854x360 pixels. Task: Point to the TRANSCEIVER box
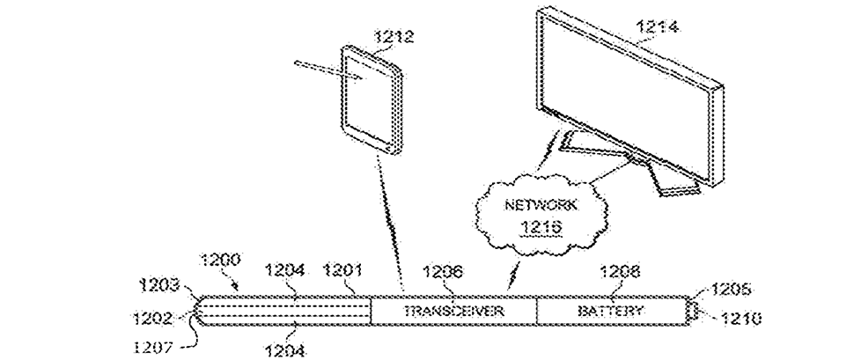coord(452,312)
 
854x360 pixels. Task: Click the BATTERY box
coord(610,312)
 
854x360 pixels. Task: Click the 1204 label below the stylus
coord(285,351)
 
